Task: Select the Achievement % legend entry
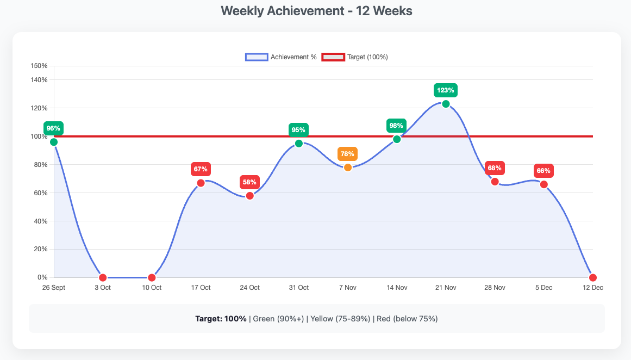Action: (x=281, y=57)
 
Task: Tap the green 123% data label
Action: (x=446, y=90)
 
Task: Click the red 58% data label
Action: (x=249, y=182)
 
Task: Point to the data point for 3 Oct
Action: (x=103, y=278)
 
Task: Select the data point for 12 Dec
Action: (x=593, y=278)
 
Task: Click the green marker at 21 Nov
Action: (x=446, y=104)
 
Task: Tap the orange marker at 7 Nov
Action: (x=348, y=167)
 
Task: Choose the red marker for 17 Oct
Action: (x=201, y=183)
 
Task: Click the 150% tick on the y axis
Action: (x=39, y=66)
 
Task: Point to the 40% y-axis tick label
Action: (x=41, y=221)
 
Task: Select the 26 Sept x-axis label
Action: (x=53, y=288)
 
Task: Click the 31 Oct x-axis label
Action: (x=298, y=288)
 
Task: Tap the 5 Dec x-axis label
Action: (x=543, y=288)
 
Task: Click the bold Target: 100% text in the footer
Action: (x=221, y=319)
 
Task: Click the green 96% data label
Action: (x=53, y=128)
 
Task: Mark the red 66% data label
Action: (x=543, y=171)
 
